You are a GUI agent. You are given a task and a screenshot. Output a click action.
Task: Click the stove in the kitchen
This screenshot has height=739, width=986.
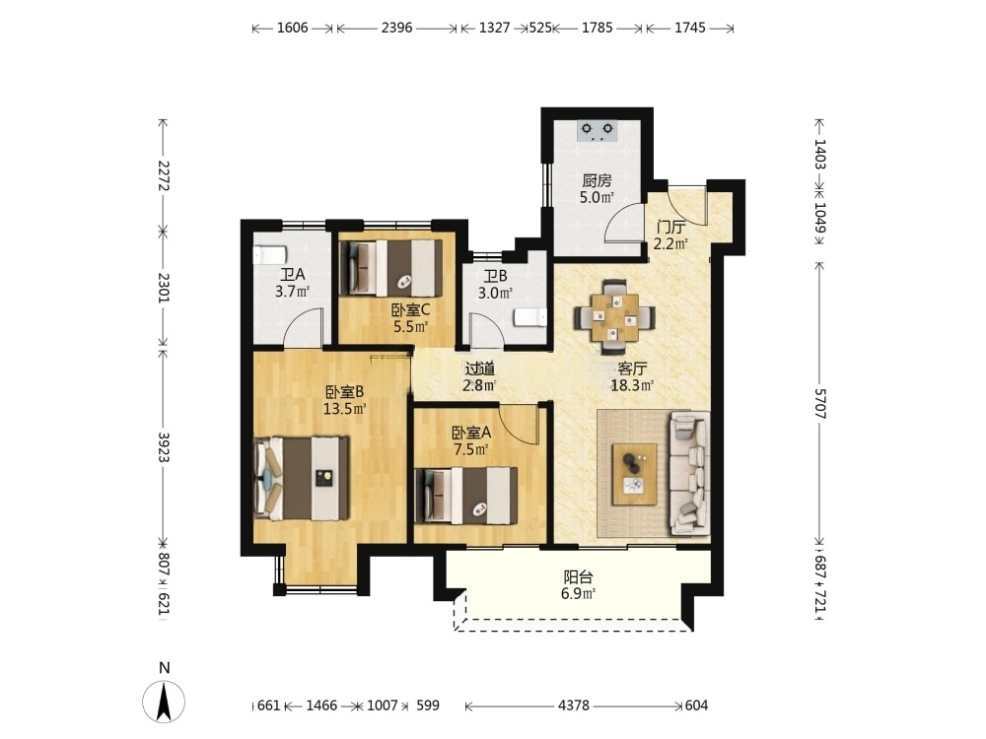[598, 131]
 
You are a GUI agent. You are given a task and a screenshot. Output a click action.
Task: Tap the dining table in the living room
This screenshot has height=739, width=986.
[614, 317]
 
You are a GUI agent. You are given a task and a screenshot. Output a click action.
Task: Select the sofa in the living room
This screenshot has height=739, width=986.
[689, 473]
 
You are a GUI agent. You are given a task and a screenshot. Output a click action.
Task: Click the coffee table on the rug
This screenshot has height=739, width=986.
[634, 475]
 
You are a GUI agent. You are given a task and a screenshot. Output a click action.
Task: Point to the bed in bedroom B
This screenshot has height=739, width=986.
[301, 479]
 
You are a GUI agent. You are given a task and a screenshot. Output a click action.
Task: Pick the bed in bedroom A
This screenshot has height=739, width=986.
[466, 496]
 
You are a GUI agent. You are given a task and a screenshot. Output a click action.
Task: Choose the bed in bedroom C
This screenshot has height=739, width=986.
[390, 268]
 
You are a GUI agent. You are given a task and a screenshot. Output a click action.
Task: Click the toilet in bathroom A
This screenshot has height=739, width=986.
[270, 255]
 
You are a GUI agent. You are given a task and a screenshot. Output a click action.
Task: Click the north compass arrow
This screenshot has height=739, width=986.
[164, 702]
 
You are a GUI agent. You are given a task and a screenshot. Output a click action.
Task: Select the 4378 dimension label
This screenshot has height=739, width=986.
[574, 705]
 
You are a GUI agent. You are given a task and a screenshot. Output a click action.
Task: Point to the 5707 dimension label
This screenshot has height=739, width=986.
[820, 403]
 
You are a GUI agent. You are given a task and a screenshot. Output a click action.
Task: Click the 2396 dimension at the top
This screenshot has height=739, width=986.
[396, 28]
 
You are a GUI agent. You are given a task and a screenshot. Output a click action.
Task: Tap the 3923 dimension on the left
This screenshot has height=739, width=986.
[164, 446]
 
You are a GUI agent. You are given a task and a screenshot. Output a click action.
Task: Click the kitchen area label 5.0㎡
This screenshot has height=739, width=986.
[597, 198]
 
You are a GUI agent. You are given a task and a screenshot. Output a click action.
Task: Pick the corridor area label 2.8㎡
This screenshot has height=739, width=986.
[479, 386]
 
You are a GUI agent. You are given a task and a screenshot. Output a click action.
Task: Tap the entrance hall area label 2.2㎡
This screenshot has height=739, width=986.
[670, 243]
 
